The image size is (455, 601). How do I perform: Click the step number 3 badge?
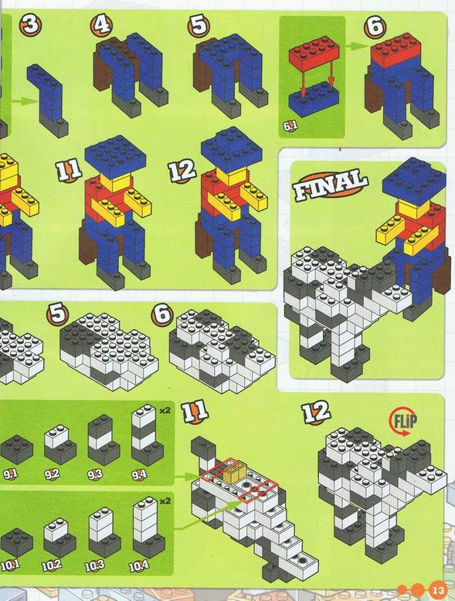pos(31,25)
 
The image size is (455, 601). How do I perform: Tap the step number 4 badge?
pos(101,25)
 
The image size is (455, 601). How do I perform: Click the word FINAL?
pos(331,186)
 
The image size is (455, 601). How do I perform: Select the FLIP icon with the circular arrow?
pos(402,423)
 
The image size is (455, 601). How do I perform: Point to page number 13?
pos(438,589)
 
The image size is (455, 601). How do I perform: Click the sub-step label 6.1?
pos(290,126)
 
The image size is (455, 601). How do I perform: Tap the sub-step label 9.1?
pos(10,474)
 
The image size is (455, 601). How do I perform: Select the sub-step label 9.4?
pos(139,475)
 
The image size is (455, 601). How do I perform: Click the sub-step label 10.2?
pos(52,565)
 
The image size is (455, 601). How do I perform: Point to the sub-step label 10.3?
pos(95,565)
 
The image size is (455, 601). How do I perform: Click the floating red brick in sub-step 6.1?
pos(314,53)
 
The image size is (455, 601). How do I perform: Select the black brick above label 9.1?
pos(16,450)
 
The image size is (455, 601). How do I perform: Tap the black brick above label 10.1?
pos(16,542)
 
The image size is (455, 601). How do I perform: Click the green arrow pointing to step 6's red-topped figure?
pos(355,46)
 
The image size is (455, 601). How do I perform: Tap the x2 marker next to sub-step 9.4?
pos(165,410)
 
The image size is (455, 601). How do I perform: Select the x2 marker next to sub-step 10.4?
pos(165,501)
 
